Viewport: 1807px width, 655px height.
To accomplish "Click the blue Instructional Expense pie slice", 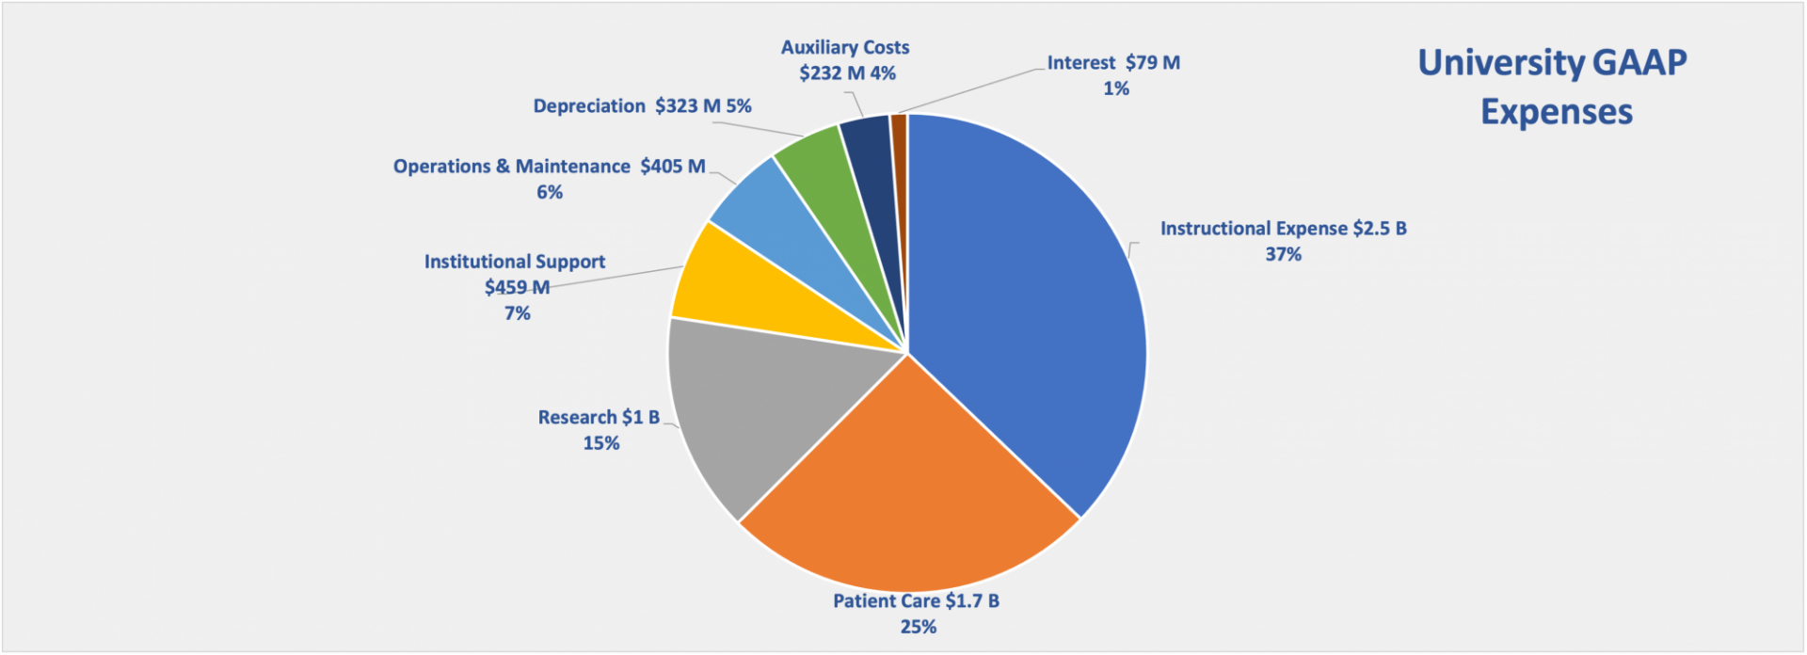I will [1026, 301].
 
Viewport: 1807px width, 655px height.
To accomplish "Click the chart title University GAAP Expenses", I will [1553, 87].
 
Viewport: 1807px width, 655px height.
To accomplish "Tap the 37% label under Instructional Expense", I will [1283, 254].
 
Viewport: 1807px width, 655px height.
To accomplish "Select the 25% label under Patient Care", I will [918, 627].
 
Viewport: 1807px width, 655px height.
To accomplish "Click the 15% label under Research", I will [600, 443].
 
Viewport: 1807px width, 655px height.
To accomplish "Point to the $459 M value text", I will [517, 287].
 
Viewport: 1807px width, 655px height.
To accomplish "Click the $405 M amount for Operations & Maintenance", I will [672, 167].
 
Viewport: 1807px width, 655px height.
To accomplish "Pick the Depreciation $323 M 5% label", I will [642, 106].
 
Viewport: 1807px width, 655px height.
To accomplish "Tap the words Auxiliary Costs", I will [845, 47].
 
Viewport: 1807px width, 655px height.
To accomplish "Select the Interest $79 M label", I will [1113, 63].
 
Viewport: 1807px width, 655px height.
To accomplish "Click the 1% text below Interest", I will [1115, 88].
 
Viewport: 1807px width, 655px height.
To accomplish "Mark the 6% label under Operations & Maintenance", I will [549, 192].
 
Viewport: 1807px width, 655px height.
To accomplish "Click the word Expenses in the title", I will [1556, 112].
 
